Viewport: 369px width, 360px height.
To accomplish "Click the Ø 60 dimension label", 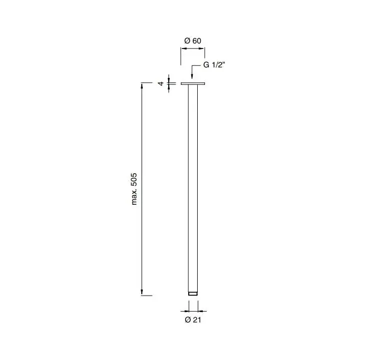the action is tap(193, 41).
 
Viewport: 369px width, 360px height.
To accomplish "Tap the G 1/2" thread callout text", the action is tap(214, 65).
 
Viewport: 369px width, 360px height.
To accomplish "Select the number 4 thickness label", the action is tap(161, 83).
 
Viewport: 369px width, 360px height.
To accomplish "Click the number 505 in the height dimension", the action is tap(134, 181).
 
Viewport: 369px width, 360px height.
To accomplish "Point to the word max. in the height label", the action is tap(134, 198).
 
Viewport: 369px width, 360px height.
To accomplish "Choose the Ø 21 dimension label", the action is tap(193, 320).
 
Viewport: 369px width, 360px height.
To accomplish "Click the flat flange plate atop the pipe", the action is tap(193, 83).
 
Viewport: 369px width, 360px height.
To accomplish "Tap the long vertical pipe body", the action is tap(193, 188).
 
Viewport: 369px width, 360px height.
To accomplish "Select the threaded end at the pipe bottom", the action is tap(193, 294).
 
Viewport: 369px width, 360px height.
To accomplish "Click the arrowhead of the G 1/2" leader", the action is tap(192, 76).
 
